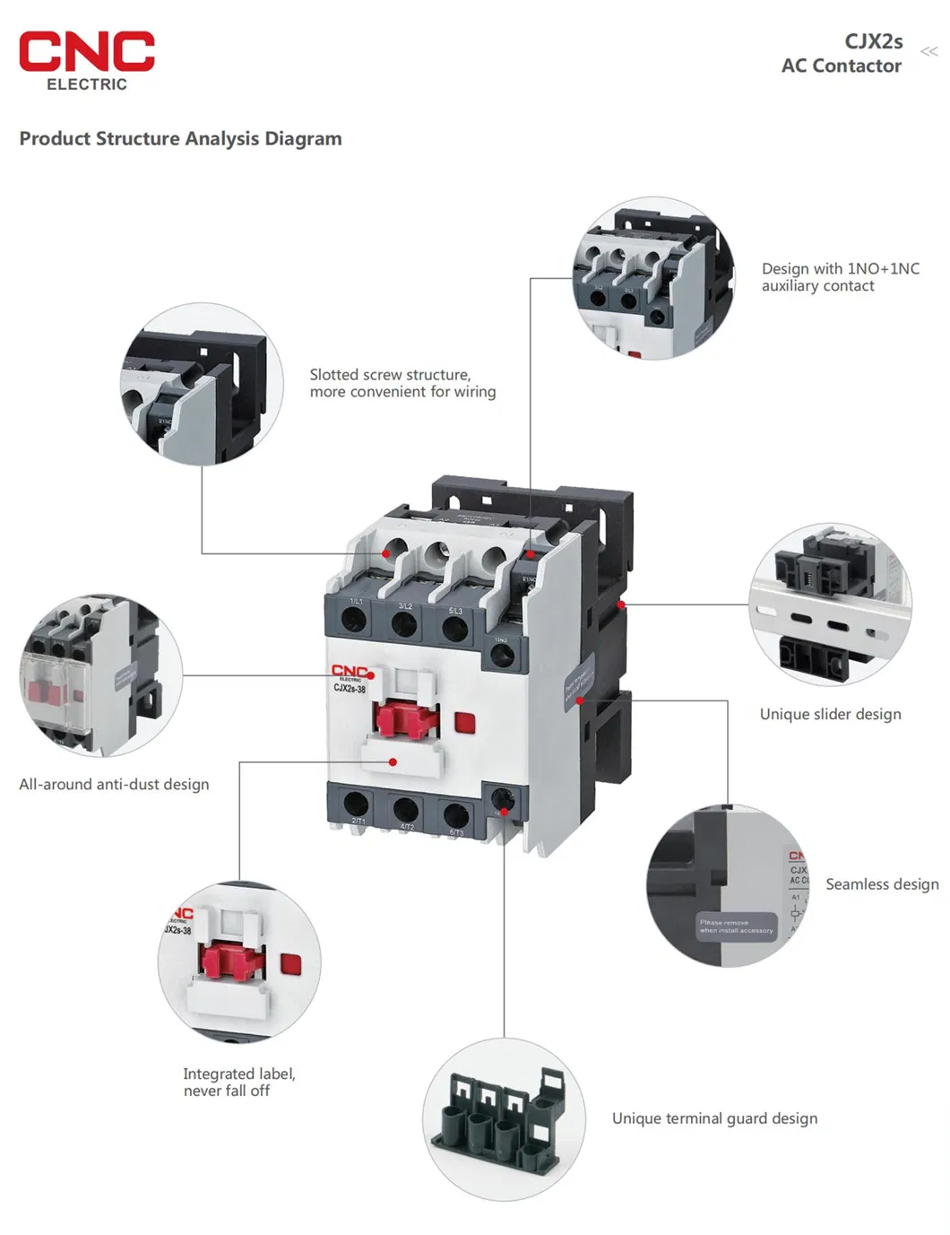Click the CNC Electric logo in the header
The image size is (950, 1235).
[x=86, y=60]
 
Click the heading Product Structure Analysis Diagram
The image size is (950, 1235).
[x=180, y=139]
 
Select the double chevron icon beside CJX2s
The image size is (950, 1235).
[x=929, y=51]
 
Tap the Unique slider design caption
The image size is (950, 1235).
[x=830, y=714]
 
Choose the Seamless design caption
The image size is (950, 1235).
[x=882, y=884]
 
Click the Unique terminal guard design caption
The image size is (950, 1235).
[x=714, y=1118]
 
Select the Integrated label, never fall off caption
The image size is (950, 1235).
[x=238, y=1082]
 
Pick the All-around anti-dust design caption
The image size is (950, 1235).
[x=114, y=784]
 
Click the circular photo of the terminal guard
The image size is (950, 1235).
[x=504, y=1119]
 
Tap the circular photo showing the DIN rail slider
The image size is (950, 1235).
[x=830, y=604]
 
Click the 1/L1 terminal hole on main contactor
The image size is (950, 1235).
[x=356, y=621]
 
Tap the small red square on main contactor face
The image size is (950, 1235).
[x=464, y=723]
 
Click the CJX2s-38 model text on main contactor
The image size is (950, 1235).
[x=350, y=689]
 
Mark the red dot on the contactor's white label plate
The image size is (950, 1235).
[x=393, y=761]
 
